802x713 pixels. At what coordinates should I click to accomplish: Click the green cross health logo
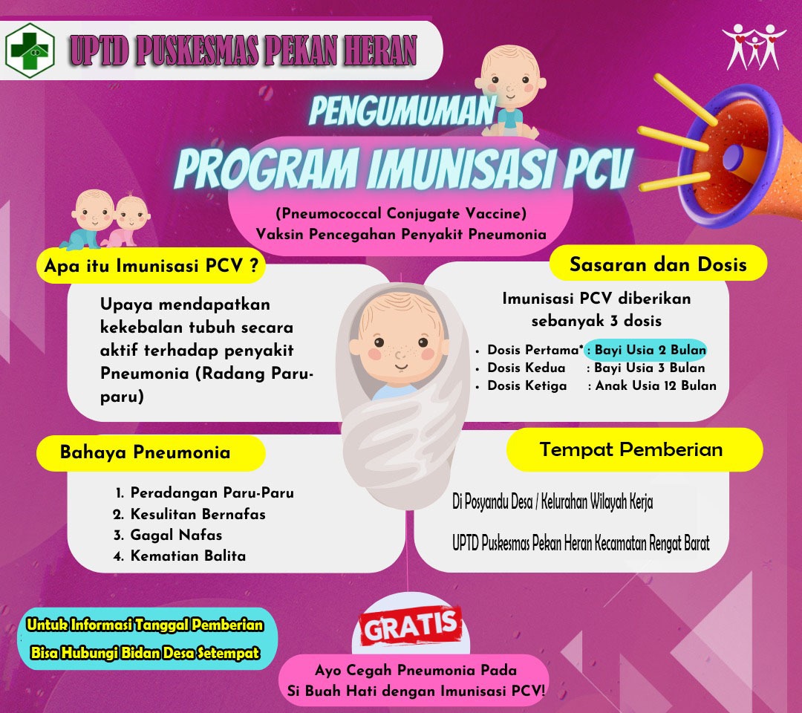(x=30, y=50)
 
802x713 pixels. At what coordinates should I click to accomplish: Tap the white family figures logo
(x=754, y=47)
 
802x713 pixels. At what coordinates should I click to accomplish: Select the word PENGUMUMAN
(x=402, y=111)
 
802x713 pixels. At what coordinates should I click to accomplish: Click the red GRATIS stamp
(x=411, y=625)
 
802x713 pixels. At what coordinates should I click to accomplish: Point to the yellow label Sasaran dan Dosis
(x=658, y=264)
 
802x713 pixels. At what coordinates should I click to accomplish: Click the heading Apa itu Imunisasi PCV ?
(x=151, y=266)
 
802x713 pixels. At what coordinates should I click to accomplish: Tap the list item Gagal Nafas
(x=176, y=535)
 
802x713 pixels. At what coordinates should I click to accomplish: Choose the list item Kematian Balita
(x=188, y=556)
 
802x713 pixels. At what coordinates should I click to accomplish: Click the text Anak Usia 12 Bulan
(x=656, y=385)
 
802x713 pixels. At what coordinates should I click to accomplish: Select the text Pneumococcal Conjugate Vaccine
(x=402, y=213)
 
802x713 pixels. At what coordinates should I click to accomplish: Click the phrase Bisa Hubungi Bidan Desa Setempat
(x=146, y=653)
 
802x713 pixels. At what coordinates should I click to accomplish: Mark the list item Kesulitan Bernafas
(x=198, y=514)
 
